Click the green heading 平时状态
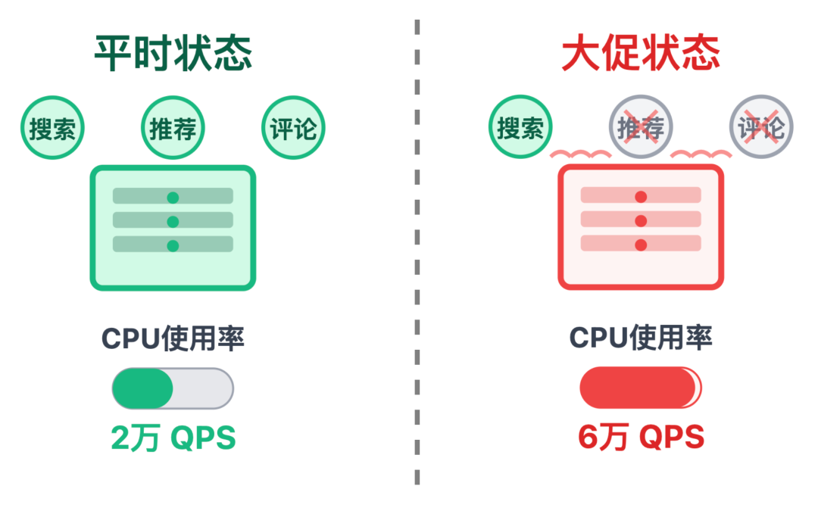click(x=173, y=54)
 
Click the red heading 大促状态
click(x=640, y=54)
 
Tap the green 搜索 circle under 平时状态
click(x=52, y=129)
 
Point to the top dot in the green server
click(x=173, y=198)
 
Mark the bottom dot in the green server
click(x=173, y=245)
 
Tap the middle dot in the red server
click(x=641, y=221)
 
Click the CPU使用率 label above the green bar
click(x=173, y=338)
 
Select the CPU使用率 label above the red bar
click(x=641, y=338)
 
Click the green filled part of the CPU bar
click(x=142, y=388)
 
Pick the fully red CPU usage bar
click(x=640, y=388)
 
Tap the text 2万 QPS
click(x=173, y=438)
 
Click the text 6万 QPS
click(x=641, y=438)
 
